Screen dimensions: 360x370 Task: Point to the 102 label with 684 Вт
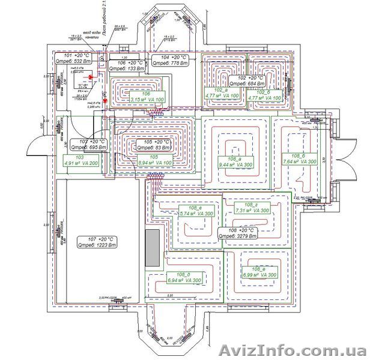pyautogui.click(x=252, y=81)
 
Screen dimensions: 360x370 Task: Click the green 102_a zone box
pyautogui.click(x=221, y=94)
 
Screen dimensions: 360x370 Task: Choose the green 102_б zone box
pyautogui.click(x=264, y=94)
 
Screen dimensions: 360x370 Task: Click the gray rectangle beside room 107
pyautogui.click(x=153, y=247)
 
